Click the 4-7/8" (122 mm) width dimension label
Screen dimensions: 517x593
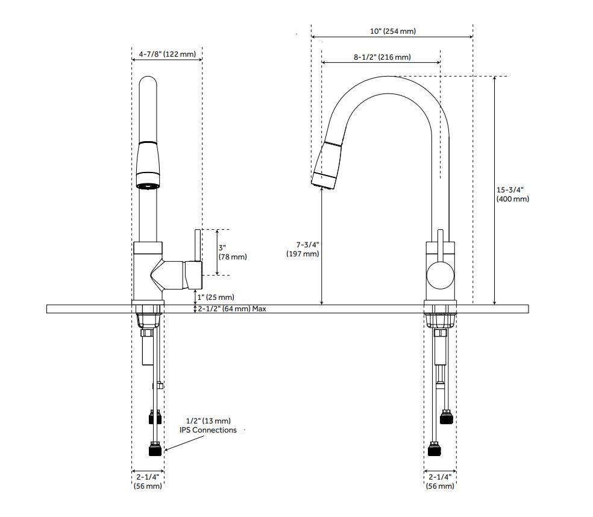click(x=167, y=54)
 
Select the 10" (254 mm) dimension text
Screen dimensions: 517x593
click(x=393, y=31)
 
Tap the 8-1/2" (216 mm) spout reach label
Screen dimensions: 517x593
click(x=382, y=57)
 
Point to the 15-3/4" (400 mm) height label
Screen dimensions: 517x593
click(x=512, y=194)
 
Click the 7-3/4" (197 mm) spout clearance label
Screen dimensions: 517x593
click(x=303, y=249)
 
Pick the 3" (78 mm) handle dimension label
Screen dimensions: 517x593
click(x=233, y=252)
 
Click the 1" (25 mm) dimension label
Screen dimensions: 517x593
click(x=217, y=297)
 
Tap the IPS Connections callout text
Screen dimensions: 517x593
click(x=208, y=425)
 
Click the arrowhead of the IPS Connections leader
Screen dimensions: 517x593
click(x=165, y=450)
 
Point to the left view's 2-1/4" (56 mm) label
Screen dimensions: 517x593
click(x=147, y=481)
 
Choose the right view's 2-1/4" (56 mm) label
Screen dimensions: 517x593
click(x=439, y=481)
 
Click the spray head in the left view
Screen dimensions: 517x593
click(x=149, y=165)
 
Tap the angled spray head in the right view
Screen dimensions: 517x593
click(x=327, y=163)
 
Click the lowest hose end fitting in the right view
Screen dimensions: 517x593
click(x=435, y=450)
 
